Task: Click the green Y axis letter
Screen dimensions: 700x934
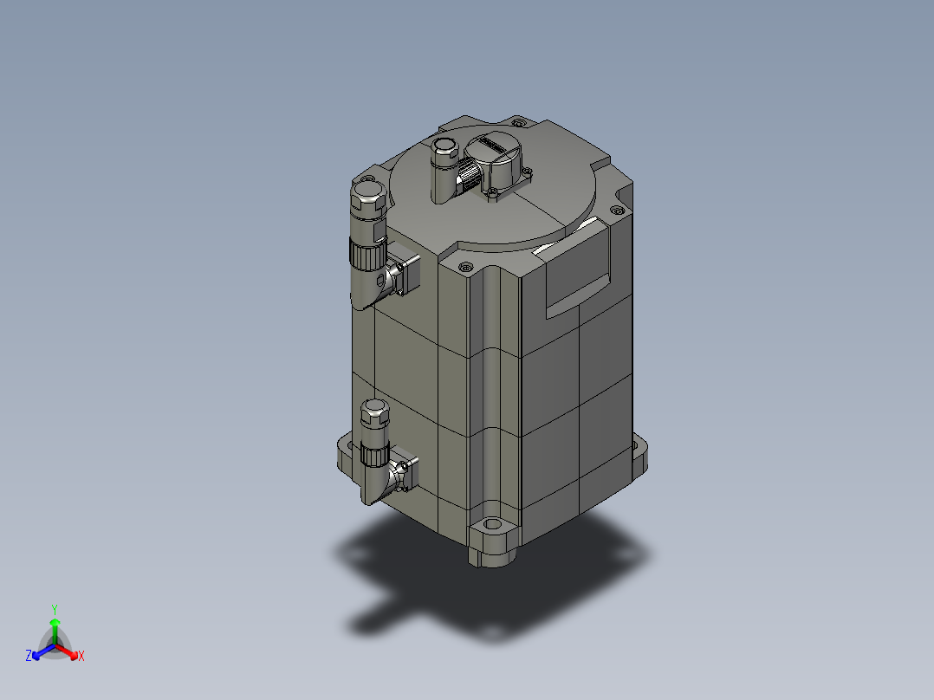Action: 55,608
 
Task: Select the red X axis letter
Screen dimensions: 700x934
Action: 81,657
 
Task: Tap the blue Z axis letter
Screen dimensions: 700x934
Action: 29,657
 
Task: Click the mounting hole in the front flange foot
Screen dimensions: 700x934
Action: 494,525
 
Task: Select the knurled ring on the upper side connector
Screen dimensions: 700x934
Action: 366,253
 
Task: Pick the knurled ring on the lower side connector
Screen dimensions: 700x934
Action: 374,452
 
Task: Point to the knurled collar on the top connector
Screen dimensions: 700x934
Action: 467,179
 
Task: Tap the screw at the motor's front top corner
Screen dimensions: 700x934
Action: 465,267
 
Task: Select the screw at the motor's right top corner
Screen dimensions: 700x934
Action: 616,210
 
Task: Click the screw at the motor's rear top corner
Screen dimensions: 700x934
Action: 519,121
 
